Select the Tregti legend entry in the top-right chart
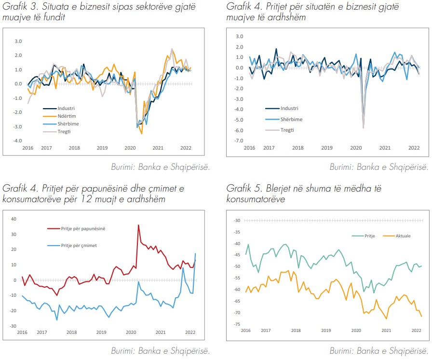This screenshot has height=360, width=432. [x=287, y=130]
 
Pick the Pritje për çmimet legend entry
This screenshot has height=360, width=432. [x=79, y=246]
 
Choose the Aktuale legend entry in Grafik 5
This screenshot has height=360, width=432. [x=403, y=235]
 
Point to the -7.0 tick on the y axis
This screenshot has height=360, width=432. [x=239, y=141]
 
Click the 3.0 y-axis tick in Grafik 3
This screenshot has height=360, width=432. [x=18, y=42]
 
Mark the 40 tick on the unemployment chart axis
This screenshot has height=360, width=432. [x=13, y=219]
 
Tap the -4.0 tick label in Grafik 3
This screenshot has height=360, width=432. [x=17, y=141]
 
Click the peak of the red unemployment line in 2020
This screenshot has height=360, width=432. [x=138, y=225]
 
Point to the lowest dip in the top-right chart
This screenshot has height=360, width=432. [x=363, y=128]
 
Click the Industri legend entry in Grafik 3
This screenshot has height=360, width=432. [x=66, y=109]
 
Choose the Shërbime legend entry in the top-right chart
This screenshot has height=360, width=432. [x=291, y=119]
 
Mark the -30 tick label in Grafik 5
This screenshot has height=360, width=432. [x=237, y=221]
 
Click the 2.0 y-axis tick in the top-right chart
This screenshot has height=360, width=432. [x=240, y=46]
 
